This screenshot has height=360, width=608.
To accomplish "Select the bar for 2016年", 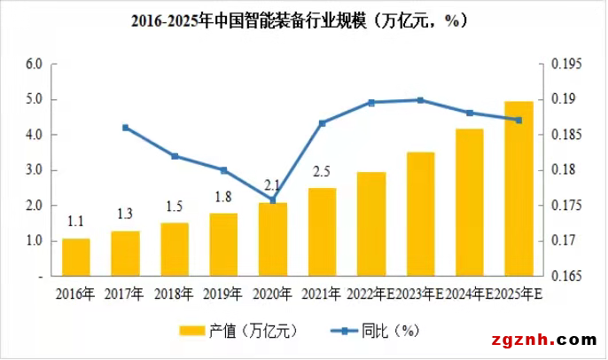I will [x=76, y=257].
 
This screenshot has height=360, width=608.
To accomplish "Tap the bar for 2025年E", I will [x=518, y=189].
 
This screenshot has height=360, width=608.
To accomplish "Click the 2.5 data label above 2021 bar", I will [x=323, y=172].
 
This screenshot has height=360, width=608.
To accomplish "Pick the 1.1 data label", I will [x=76, y=223].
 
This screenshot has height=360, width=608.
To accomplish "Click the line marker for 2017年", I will [x=126, y=128].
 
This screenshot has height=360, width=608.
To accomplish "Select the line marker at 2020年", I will [x=273, y=200].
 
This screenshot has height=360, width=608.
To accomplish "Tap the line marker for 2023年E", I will [x=420, y=100].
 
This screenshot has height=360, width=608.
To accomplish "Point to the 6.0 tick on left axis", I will [x=34, y=64].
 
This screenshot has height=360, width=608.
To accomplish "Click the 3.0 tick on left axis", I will [x=34, y=170].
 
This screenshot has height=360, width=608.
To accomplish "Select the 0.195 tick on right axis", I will [x=567, y=64].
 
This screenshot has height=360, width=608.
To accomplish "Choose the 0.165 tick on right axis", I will [x=567, y=277].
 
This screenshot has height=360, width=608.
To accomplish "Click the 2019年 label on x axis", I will [x=223, y=293].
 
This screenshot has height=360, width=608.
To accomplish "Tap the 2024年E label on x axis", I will [x=470, y=293].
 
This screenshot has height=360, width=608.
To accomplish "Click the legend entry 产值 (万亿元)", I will [x=253, y=331].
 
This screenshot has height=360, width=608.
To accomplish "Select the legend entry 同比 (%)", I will [x=388, y=331].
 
